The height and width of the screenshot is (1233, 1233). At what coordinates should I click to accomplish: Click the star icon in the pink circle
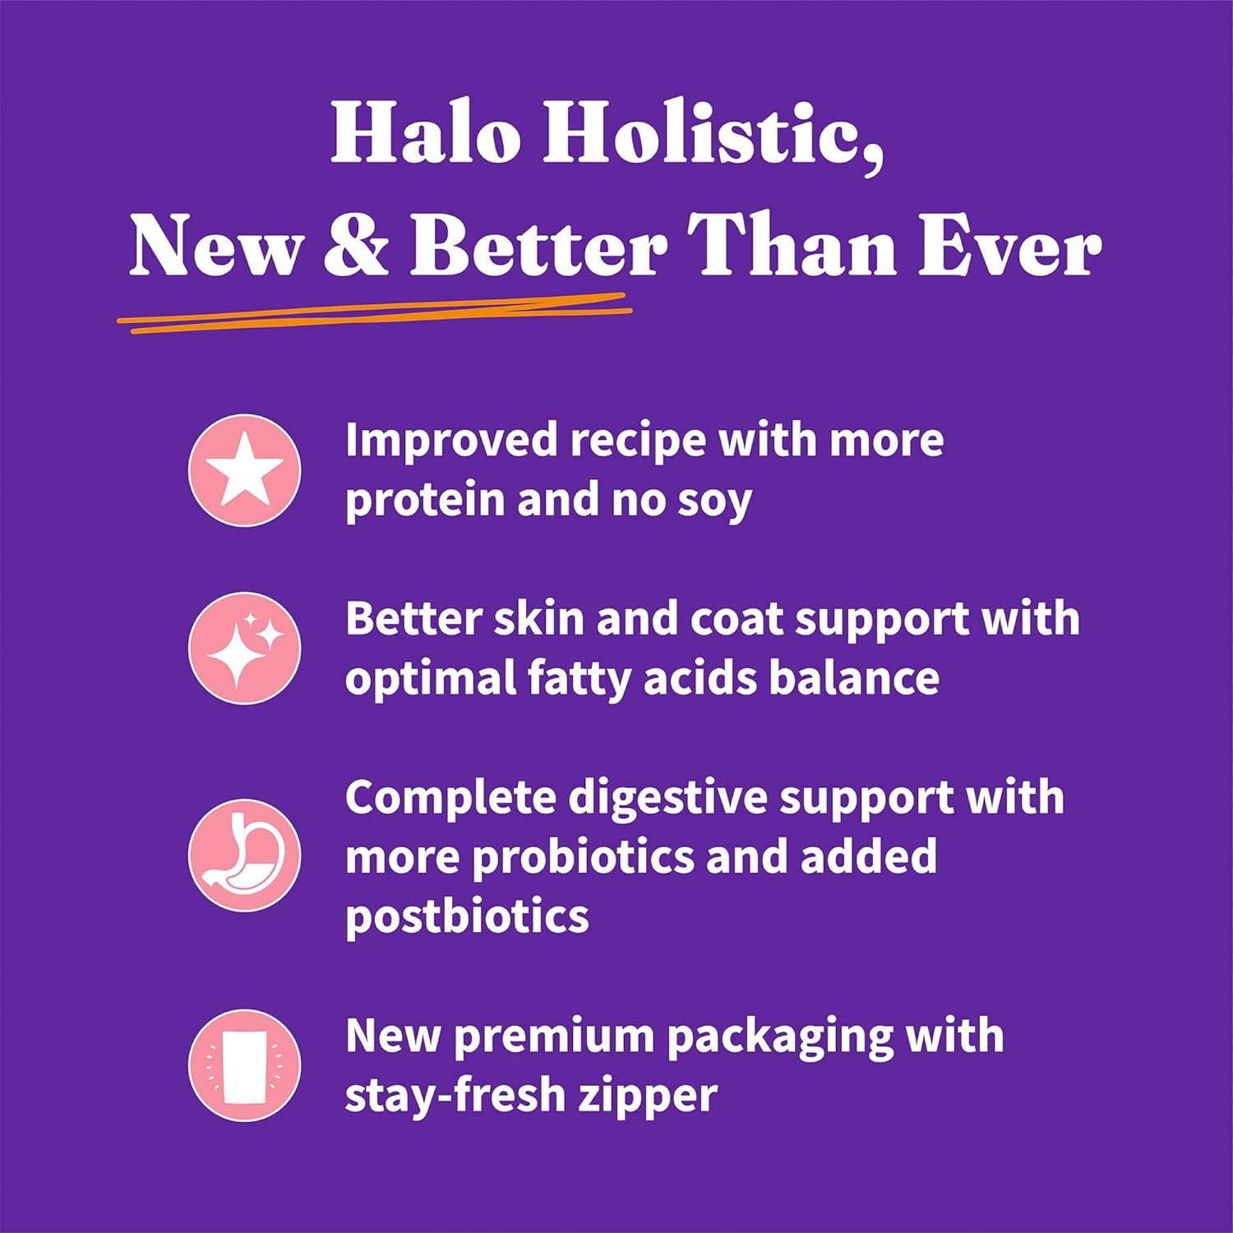click(244, 471)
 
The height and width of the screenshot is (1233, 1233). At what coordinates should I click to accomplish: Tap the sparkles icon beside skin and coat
click(244, 649)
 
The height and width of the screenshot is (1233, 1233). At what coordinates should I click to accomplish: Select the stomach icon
click(244, 855)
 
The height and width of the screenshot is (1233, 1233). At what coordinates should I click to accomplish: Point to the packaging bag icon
click(244, 1066)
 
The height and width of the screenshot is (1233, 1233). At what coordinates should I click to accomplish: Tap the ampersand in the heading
click(355, 247)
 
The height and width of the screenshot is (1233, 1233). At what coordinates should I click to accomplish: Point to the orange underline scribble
click(374, 313)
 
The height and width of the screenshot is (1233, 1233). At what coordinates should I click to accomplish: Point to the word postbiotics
click(467, 917)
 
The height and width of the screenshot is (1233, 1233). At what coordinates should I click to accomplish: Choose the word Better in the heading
click(539, 247)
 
